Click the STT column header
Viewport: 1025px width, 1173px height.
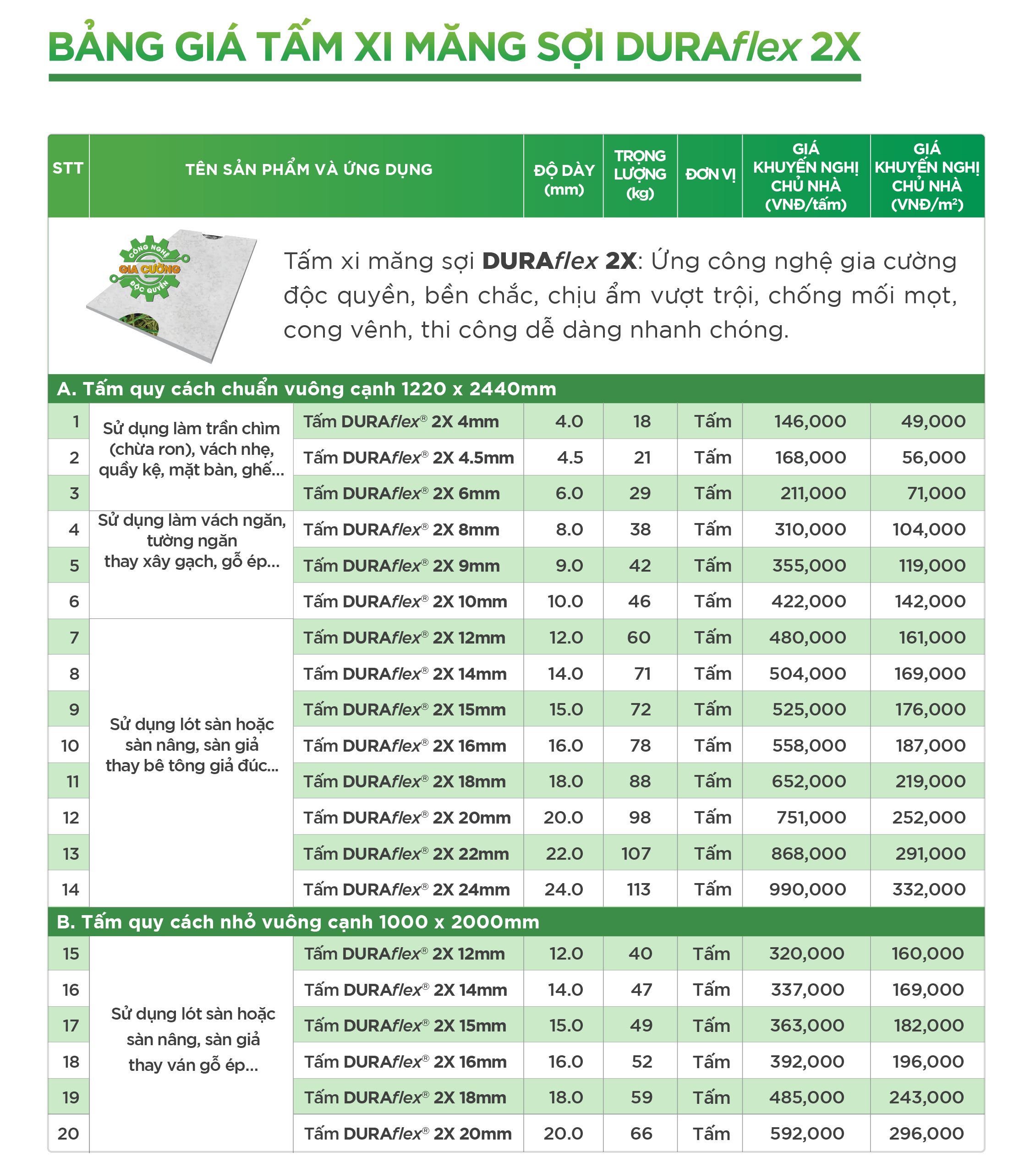click(68, 169)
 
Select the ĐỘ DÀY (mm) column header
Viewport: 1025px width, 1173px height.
click(564, 180)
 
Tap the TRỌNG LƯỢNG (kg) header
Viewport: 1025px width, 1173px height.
click(640, 175)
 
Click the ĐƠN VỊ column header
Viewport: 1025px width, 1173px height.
click(710, 175)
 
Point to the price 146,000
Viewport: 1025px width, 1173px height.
click(810, 421)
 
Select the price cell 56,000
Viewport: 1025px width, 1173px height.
click(933, 457)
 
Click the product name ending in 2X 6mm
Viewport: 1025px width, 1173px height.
click(401, 493)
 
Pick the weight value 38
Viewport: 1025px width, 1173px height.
click(640, 529)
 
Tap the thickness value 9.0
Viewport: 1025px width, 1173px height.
click(569, 565)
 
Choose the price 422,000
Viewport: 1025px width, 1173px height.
click(809, 601)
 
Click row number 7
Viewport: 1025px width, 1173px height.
click(74, 638)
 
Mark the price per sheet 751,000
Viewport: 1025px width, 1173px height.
click(811, 818)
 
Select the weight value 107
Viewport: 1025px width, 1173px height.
click(636, 853)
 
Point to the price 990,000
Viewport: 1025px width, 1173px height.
click(808, 889)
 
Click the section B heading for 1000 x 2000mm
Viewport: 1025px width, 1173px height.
click(298, 922)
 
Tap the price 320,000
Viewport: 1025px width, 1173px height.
click(806, 954)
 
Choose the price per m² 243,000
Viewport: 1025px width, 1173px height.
click(926, 1097)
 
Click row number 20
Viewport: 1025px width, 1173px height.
click(69, 1134)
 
